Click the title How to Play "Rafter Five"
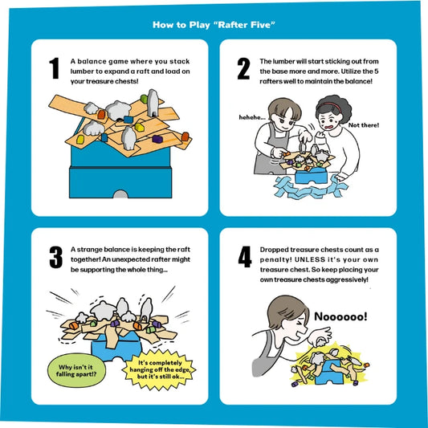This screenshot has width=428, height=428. click(x=214, y=25)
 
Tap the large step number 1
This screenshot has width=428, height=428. click(x=54, y=68)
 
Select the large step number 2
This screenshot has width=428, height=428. click(x=243, y=68)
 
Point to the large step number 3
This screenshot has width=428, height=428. click(x=56, y=257)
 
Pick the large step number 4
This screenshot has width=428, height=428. click(x=245, y=257)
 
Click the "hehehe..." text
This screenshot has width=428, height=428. click(x=252, y=117)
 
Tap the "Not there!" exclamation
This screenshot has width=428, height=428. click(x=364, y=125)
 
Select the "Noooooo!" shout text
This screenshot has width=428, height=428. click(x=340, y=316)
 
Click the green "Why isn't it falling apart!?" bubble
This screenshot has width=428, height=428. click(x=76, y=370)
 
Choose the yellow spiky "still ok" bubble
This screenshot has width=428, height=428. click(x=160, y=370)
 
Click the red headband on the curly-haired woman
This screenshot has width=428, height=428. click(x=330, y=105)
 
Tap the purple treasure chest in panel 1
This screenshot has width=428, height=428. click(x=157, y=139)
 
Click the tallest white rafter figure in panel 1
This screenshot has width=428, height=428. click(x=153, y=103)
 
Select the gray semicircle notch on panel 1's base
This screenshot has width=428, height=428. click(x=120, y=194)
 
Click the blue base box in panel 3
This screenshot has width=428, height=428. click(x=116, y=348)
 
